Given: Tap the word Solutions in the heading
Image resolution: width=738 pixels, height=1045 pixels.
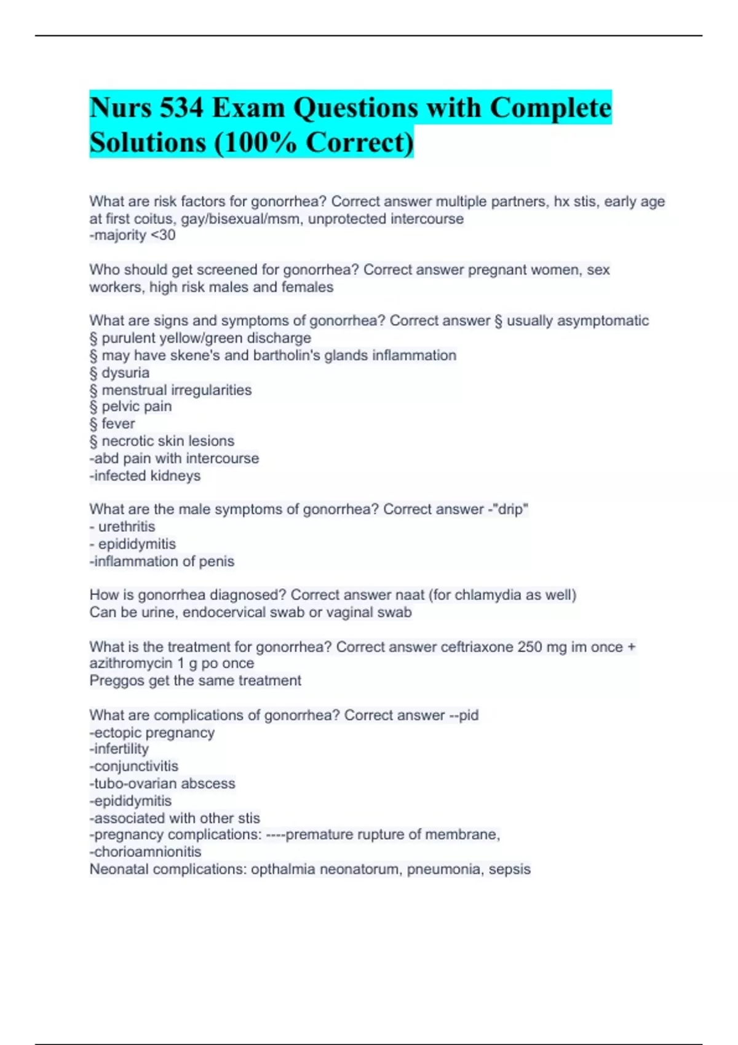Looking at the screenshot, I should pos(148,143).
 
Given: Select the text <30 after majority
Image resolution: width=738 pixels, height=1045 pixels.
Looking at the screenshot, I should pos(163,235).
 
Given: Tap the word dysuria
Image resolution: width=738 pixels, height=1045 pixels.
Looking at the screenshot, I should pos(125,373).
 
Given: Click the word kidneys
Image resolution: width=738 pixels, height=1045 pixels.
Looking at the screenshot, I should pos(177,476).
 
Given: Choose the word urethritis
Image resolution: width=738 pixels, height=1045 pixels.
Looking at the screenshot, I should pos(127,527).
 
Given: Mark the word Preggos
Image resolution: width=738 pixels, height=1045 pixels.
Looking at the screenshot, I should pos(116,680).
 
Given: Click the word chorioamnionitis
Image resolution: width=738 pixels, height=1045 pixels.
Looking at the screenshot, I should pos(147,852).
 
